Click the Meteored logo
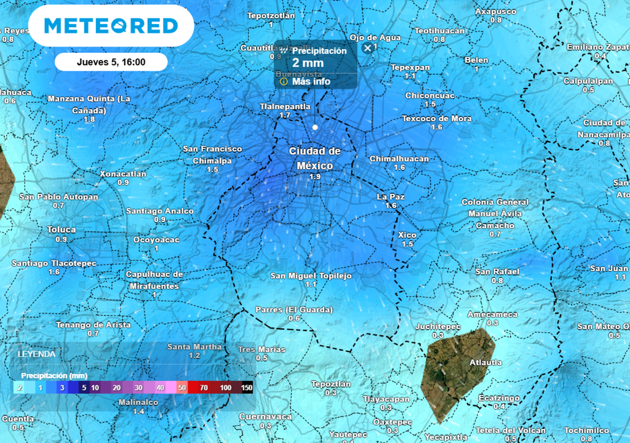[x=111, y=26]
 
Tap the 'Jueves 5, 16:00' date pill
[x=111, y=62]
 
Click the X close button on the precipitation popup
[x=367, y=47]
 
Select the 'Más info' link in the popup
[x=311, y=81]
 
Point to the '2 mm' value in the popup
[x=308, y=63]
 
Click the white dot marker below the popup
[x=315, y=127]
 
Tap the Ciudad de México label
[x=315, y=158]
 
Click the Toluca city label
[x=62, y=229]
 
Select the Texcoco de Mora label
[x=437, y=119]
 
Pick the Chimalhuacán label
[x=399, y=159]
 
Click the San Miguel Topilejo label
[x=311, y=276]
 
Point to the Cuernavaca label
[x=265, y=417]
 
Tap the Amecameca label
[x=492, y=314]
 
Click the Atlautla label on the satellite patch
[x=485, y=362]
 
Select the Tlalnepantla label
[x=285, y=106]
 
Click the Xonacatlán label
[x=123, y=174]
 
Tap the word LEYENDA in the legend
[x=36, y=354]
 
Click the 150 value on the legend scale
[x=247, y=388]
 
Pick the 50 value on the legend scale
[x=182, y=388]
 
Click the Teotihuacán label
[x=439, y=31]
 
